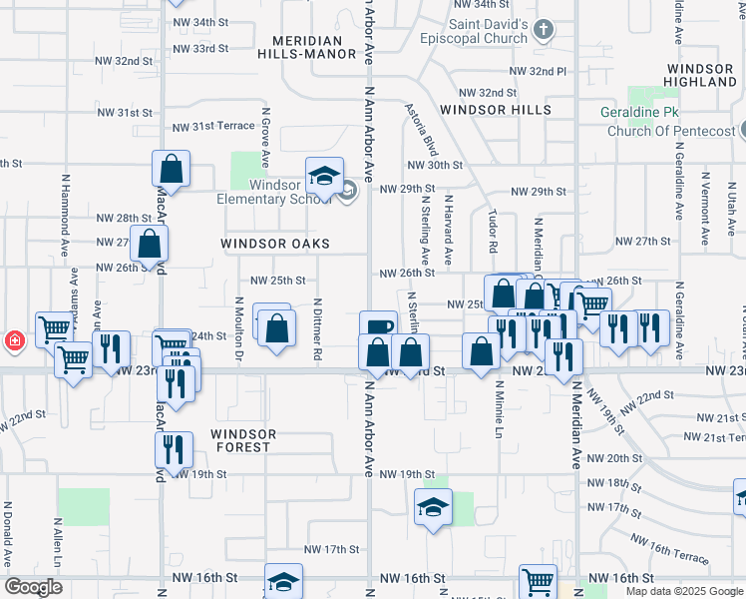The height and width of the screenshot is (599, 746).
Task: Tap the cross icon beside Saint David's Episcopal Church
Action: pyautogui.click(x=543, y=29)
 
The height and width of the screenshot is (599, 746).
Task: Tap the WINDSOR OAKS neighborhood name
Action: pyautogui.click(x=274, y=244)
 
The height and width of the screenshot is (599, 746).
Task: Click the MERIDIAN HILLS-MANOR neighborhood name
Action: pyautogui.click(x=313, y=48)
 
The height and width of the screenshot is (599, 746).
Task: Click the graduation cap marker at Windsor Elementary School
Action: pyautogui.click(x=324, y=177)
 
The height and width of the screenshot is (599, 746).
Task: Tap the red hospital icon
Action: pyautogui.click(x=14, y=340)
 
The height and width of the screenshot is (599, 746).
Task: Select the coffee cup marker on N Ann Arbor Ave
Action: pyautogui.click(x=378, y=327)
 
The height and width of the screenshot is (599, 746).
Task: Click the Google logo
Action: pyautogui.click(x=33, y=587)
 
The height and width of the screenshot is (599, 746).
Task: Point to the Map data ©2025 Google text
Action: pyautogui.click(x=683, y=591)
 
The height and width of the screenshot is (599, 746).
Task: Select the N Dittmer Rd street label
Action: pyautogui.click(x=317, y=328)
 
